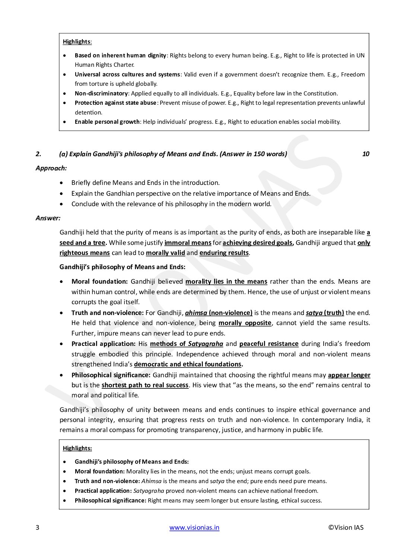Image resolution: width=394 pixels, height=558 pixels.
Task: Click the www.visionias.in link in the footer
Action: pyautogui.click(x=194, y=527)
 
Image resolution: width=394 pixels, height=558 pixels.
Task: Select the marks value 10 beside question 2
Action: pyautogui.click(x=366, y=154)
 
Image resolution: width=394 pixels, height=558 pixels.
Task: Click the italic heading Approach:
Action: pyautogui.click(x=51, y=168)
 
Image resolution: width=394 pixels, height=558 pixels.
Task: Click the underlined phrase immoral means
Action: pyautogui.click(x=188, y=243)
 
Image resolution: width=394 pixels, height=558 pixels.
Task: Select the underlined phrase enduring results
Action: pyautogui.click(x=224, y=253)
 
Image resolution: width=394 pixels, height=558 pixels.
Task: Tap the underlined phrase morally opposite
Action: pyautogui.click(x=245, y=323)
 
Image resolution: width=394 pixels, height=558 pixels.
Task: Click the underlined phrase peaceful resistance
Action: pyautogui.click(x=269, y=344)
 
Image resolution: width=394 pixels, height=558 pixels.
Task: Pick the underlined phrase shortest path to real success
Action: pyautogui.click(x=145, y=385)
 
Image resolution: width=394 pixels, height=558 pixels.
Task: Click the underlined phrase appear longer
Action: pyautogui.click(x=349, y=375)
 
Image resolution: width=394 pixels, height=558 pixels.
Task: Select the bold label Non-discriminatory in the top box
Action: pyautogui.click(x=101, y=93)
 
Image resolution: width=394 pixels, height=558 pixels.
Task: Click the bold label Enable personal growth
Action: pyautogui.click(x=107, y=122)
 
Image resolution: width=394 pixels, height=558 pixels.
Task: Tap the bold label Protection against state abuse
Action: pyautogui.click(x=115, y=103)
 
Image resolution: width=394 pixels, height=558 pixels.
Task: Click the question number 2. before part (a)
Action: pyautogui.click(x=38, y=154)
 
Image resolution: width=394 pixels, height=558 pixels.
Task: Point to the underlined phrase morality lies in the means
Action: pyautogui.click(x=226, y=282)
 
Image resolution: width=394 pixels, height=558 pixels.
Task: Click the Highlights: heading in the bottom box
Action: pyautogui.click(x=77, y=448)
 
